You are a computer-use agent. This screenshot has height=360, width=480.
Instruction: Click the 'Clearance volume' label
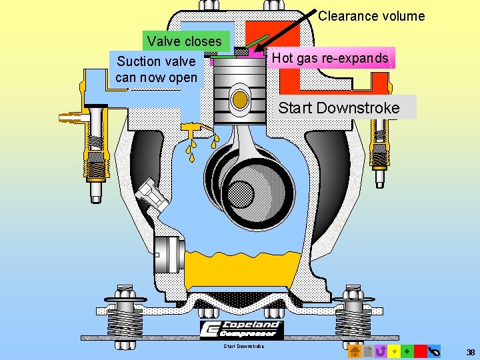click(371, 16)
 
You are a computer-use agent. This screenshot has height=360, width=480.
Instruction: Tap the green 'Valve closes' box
click(185, 41)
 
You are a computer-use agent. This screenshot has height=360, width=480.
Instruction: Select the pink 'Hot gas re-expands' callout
click(329, 58)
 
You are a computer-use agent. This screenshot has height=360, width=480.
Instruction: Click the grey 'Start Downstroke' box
click(339, 107)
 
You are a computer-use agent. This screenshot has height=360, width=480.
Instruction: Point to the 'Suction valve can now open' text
click(157, 69)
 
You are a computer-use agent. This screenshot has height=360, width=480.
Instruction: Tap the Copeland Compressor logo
click(242, 329)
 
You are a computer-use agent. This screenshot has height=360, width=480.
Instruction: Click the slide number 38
click(471, 351)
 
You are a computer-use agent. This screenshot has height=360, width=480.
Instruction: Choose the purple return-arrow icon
click(381, 351)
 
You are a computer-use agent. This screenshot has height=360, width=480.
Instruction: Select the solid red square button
click(420, 351)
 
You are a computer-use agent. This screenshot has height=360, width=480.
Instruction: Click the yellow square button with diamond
click(394, 351)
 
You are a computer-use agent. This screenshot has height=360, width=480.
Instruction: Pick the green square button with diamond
click(407, 351)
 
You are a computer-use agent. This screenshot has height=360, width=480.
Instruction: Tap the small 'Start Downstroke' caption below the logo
click(243, 346)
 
